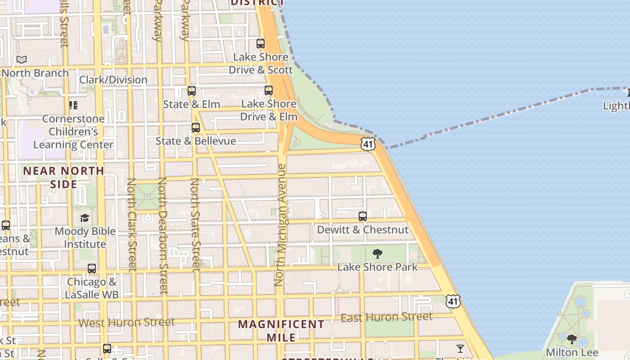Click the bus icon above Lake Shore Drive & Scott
click(261, 44)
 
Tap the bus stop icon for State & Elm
click(192, 91)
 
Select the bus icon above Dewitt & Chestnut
click(363, 216)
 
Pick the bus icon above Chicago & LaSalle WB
click(92, 269)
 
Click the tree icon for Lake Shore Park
click(378, 254)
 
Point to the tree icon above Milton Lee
click(571, 339)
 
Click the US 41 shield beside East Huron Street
click(453, 301)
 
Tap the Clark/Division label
click(113, 80)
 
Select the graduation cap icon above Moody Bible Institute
click(85, 218)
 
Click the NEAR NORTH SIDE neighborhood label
click(63, 177)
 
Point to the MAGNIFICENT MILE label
click(281, 330)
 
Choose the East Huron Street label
click(387, 317)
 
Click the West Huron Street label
click(126, 322)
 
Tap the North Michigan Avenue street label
click(280, 225)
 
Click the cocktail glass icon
click(460, 349)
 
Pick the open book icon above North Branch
click(22, 59)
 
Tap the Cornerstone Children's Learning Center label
click(73, 132)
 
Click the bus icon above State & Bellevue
click(196, 128)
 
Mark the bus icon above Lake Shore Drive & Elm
click(269, 90)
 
